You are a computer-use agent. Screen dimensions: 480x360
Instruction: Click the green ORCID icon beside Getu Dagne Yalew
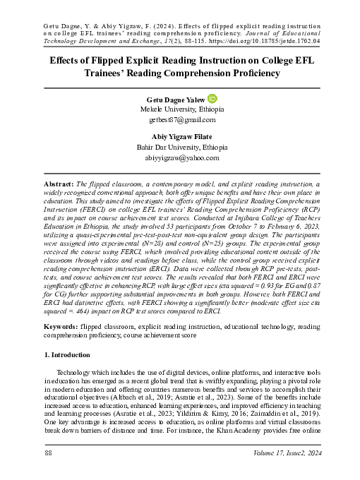point(211,100)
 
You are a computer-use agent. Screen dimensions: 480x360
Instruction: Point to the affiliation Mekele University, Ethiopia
point(179,111)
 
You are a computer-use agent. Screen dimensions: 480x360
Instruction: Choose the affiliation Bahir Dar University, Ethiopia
point(179,148)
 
